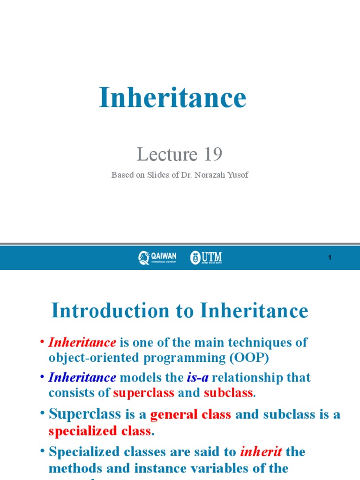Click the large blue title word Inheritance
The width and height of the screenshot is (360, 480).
click(172, 98)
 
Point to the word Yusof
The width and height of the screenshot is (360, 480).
click(238, 175)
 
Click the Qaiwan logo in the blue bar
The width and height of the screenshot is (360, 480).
click(157, 257)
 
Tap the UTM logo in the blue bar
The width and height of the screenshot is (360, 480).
click(206, 257)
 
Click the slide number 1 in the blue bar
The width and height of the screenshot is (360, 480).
click(330, 257)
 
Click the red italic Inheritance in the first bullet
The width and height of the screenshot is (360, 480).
click(82, 342)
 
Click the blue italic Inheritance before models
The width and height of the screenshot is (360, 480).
click(82, 377)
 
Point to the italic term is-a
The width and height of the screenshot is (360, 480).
click(198, 377)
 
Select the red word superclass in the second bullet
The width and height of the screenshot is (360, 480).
click(143, 393)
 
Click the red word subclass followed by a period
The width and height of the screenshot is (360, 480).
click(228, 393)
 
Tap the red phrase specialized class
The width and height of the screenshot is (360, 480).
click(99, 430)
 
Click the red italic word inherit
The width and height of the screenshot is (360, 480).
click(261, 452)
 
